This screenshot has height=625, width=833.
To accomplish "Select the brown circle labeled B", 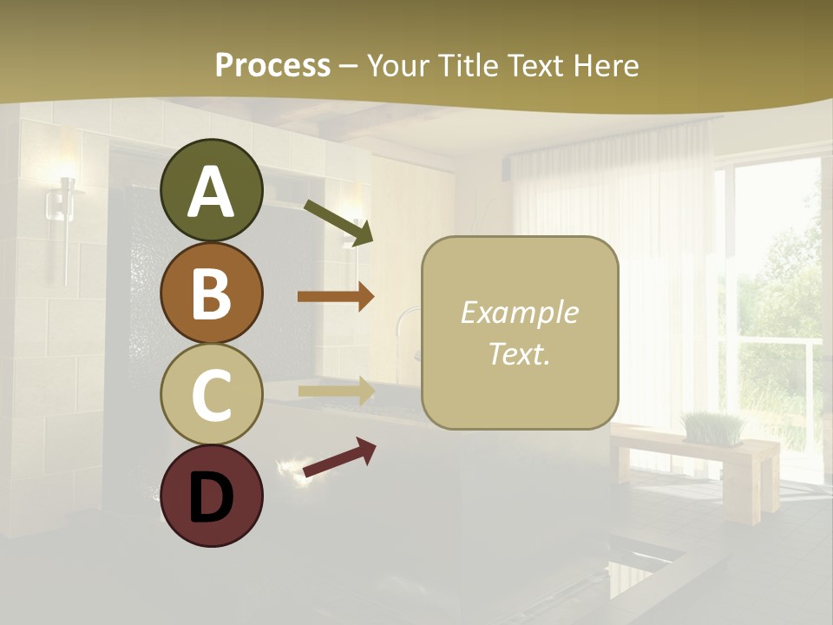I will [x=212, y=293].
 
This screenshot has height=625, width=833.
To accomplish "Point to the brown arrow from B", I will [x=336, y=297].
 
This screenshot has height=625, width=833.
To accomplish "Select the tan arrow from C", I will [x=336, y=391].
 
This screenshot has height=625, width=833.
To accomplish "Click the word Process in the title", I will [x=272, y=65].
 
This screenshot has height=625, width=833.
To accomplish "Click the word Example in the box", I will [x=519, y=312].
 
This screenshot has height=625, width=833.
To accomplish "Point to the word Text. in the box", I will [x=519, y=353].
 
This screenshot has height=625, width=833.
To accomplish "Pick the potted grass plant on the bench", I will [x=713, y=428].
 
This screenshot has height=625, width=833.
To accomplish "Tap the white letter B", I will [x=212, y=293].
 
